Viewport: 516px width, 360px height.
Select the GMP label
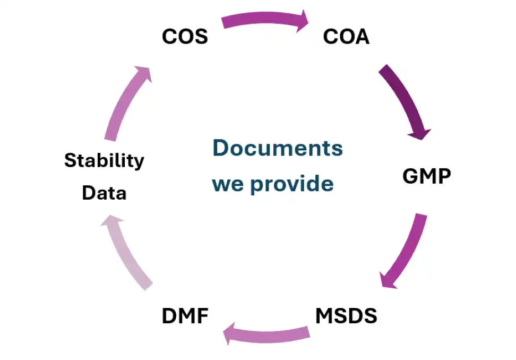point(426,176)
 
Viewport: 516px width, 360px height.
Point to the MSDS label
point(346,316)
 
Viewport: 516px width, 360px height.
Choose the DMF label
point(185,316)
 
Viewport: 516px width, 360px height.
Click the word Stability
point(104,160)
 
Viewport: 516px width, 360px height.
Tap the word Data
point(104,193)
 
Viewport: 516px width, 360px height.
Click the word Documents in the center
point(278,148)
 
